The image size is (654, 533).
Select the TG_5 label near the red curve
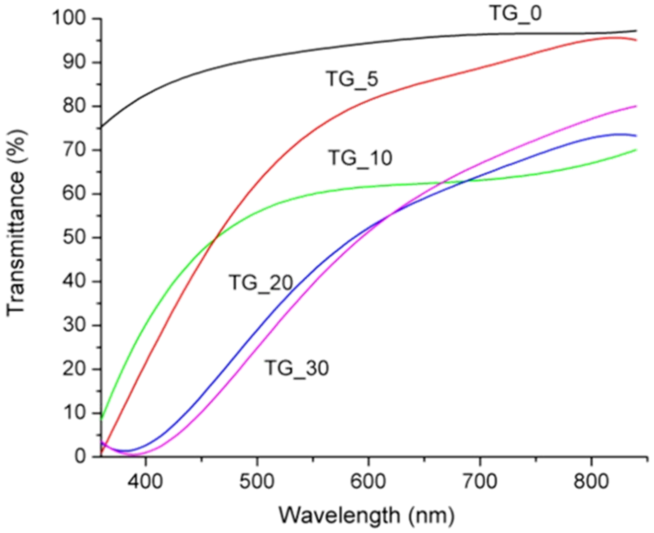352,79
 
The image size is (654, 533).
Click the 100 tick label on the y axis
72,19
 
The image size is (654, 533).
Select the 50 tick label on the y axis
77,238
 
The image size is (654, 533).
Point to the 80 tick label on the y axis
77,107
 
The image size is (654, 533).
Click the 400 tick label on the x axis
145,482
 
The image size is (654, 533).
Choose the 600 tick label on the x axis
368,482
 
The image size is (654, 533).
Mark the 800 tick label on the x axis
591,482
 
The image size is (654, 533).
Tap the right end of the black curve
636,31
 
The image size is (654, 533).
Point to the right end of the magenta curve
636,106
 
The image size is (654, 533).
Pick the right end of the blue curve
636,136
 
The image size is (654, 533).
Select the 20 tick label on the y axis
77,369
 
